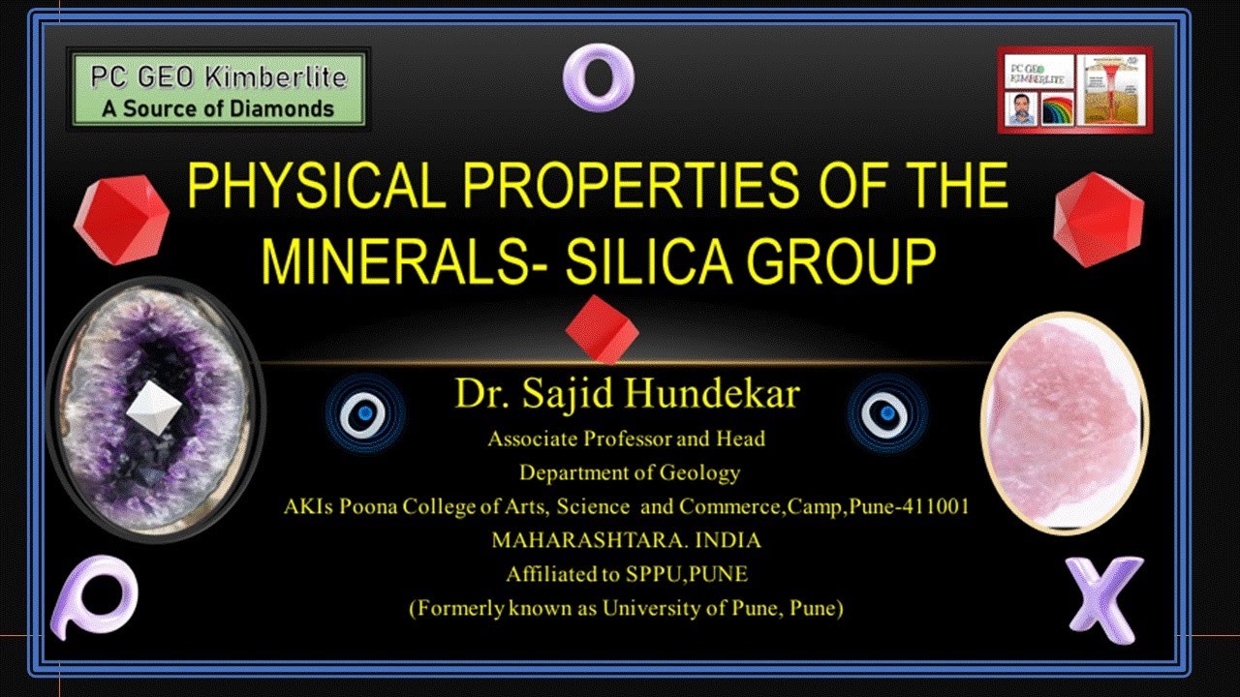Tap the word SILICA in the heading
(626, 260)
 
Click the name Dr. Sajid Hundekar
(627, 396)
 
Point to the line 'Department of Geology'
(630, 472)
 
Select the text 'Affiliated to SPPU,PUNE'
(627, 574)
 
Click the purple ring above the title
(599, 76)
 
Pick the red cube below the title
(603, 330)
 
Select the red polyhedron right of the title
(1099, 219)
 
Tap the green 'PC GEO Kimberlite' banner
(218, 89)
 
